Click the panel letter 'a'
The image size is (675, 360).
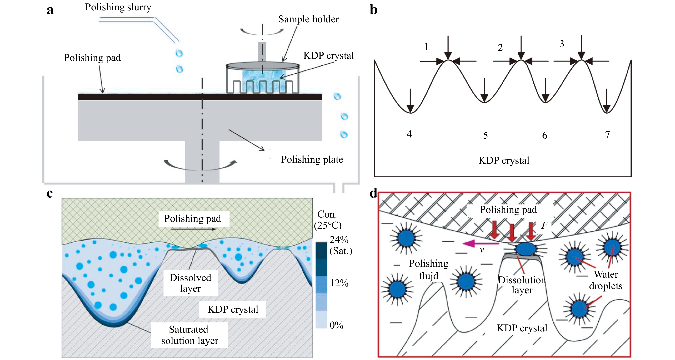tap(50, 11)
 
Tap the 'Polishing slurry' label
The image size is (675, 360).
tap(118, 7)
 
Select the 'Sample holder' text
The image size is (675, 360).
tap(308, 19)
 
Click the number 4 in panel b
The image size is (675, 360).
tap(409, 134)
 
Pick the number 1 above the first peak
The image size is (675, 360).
tap(426, 47)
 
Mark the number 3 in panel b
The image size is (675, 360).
tap(562, 44)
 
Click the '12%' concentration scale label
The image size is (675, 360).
tap(339, 283)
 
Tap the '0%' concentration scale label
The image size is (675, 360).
tap(336, 325)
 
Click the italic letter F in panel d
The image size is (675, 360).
tap(544, 225)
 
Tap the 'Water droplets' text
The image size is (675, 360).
tap(606, 280)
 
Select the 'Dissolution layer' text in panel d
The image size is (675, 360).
tap(522, 285)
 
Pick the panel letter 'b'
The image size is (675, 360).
tap(373, 10)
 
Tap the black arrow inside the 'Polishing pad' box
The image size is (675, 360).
tap(193, 229)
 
